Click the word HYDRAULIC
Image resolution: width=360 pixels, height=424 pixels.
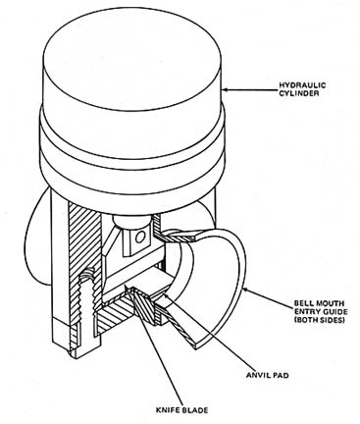point(302,85)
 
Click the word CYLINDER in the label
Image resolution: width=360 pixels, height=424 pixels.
point(298,93)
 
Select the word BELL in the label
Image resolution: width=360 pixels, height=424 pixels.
point(302,304)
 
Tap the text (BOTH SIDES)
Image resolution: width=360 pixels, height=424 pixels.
point(320,320)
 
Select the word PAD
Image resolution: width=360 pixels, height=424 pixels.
point(282,375)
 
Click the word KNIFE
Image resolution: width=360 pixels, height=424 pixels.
point(169,410)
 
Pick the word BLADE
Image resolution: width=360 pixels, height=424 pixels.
point(195,410)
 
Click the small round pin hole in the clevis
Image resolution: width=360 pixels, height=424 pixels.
point(140,237)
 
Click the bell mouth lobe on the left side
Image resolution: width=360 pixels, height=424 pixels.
point(38,238)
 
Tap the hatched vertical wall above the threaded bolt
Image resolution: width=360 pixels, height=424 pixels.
point(86,236)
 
